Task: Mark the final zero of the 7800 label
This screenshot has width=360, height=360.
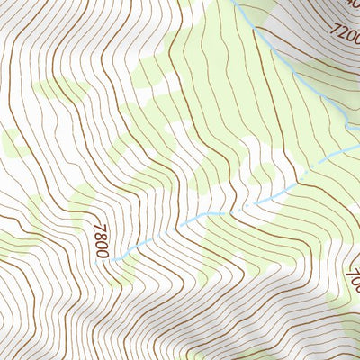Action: click(x=102, y=254)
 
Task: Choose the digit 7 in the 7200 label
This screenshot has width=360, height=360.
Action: click(x=334, y=30)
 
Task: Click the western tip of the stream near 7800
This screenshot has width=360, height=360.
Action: click(x=114, y=259)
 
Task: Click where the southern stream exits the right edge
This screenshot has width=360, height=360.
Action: click(x=358, y=143)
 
